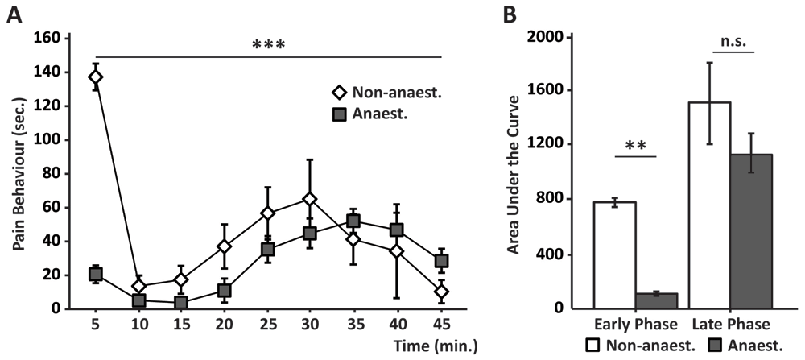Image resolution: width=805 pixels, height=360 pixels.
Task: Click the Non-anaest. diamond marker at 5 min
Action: point(96,77)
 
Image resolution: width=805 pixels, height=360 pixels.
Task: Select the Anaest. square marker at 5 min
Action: point(96,275)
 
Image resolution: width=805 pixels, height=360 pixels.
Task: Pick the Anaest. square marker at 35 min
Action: point(353,221)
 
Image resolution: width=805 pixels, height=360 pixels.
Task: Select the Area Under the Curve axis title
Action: point(513,172)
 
